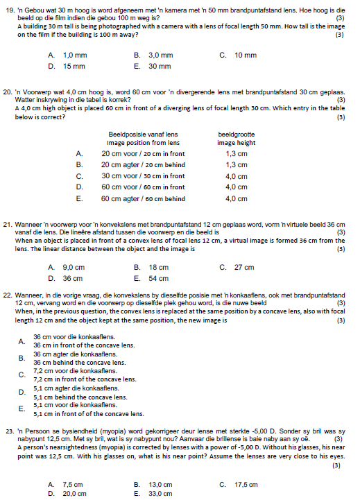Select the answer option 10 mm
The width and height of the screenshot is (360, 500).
tap(245, 55)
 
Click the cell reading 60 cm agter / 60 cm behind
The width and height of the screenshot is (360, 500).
tap(143, 198)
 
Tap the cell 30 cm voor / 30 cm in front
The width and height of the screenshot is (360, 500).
tap(143, 175)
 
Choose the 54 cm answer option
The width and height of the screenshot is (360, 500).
tap(158, 279)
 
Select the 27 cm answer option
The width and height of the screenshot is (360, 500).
tap(243, 267)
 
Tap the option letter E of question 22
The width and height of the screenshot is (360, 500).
tap(22, 408)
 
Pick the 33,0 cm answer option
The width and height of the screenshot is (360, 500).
tap(160, 494)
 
